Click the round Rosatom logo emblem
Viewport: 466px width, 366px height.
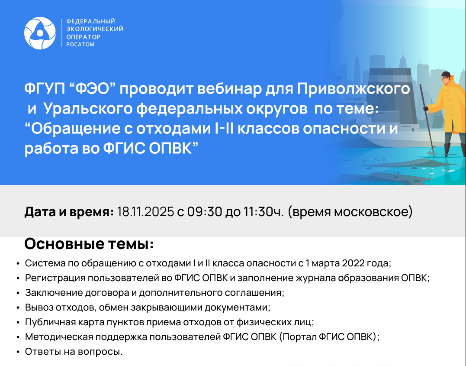click(40, 33)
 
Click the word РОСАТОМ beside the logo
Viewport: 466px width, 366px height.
click(80, 45)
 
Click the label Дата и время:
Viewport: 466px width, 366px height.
click(69, 212)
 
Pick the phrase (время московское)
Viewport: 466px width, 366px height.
click(350, 212)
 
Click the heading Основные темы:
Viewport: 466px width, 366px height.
click(89, 244)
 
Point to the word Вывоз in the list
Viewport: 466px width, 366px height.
click(36, 308)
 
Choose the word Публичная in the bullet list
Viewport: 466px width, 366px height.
click(45, 322)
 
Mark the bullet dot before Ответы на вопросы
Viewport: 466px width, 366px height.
click(17, 352)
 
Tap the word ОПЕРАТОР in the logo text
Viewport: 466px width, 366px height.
click(83, 37)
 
